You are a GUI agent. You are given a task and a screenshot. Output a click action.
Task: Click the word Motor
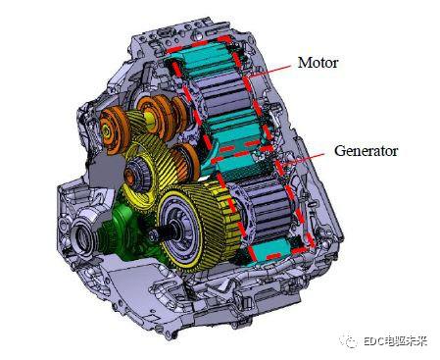click(318, 63)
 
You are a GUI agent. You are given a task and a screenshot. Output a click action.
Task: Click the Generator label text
click(366, 151)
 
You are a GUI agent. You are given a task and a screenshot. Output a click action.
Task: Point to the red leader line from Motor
click(269, 71)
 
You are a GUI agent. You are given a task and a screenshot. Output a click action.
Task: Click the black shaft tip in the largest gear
click(154, 234)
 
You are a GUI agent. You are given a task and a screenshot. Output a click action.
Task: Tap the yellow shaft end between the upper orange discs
click(149, 118)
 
